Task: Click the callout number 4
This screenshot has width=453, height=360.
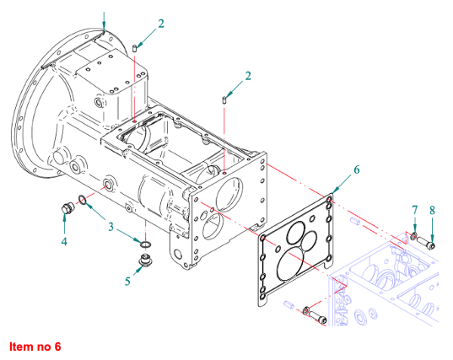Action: tap(64, 241)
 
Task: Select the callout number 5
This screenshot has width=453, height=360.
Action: tap(127, 281)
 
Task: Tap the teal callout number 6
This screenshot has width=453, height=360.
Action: tap(357, 169)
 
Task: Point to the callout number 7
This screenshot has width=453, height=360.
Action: tap(415, 210)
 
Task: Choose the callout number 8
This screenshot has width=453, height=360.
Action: tap(432, 210)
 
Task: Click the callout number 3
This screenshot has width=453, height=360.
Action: tap(111, 227)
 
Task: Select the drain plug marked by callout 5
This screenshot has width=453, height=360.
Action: tap(145, 259)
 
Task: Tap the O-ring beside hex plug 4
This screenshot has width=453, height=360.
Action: tap(82, 200)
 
